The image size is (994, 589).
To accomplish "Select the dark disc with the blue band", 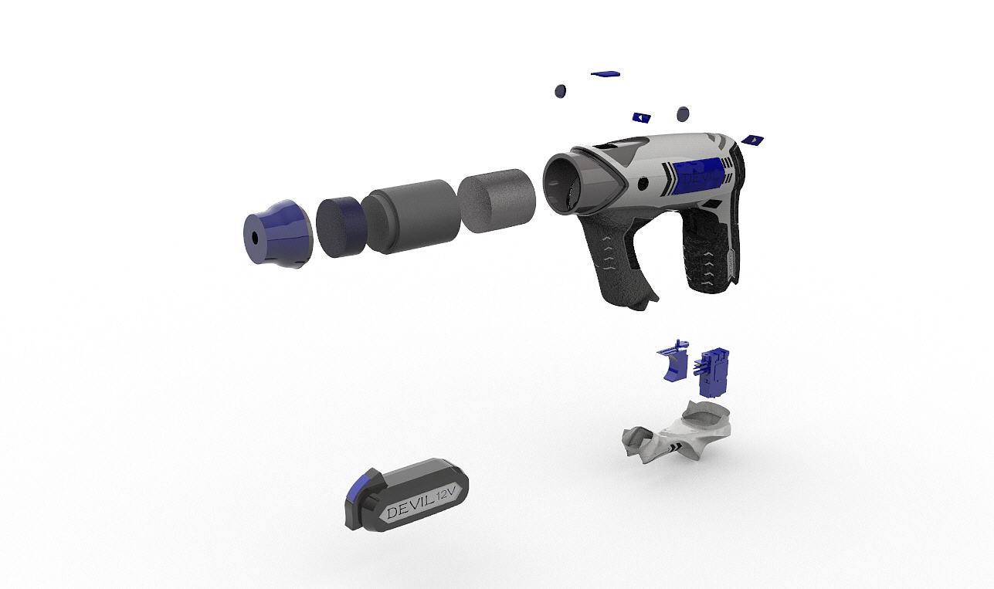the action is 341,227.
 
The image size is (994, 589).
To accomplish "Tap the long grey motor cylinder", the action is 411,216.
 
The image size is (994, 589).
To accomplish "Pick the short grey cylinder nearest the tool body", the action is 497,201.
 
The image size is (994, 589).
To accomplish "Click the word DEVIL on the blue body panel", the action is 701,178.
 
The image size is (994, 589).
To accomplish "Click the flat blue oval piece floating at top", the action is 606,73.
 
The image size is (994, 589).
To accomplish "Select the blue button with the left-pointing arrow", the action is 642,117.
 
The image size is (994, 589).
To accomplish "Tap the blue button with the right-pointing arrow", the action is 752,140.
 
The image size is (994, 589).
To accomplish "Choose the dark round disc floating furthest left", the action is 561,91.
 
